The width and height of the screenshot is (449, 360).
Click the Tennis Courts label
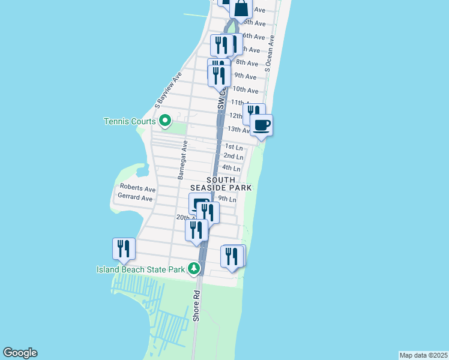pos(130,121)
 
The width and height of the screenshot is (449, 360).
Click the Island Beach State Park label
pos(140,269)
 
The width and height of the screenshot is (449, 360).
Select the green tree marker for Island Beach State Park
pos(194,268)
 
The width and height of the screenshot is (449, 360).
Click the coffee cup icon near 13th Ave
pos(261,125)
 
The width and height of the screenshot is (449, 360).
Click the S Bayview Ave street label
pos(167,91)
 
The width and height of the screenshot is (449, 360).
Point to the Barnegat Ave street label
pos(182,160)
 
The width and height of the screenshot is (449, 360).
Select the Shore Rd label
pos(196,307)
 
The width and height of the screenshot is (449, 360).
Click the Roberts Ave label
pos(137,188)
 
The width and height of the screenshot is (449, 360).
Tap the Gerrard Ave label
pos(135,197)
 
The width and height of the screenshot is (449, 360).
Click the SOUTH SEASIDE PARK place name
pos(229,184)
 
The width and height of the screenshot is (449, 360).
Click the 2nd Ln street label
pos(233,157)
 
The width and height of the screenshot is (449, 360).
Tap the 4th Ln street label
pos(231,168)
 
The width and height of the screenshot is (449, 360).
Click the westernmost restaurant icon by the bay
pos(124,248)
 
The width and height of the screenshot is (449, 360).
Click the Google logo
pos(20,353)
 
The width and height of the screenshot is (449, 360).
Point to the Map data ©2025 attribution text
pos(423,355)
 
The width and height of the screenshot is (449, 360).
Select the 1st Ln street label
pos(234,146)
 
